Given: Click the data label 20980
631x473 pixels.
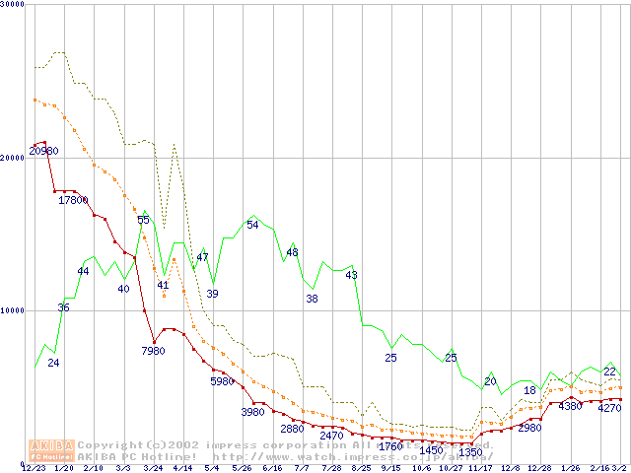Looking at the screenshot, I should pyautogui.click(x=43, y=151).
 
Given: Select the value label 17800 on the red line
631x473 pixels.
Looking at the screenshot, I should pyautogui.click(x=73, y=200).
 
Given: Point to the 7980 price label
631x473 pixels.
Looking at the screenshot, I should pyautogui.click(x=153, y=351).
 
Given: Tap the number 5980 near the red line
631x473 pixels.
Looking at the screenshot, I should pyautogui.click(x=222, y=381).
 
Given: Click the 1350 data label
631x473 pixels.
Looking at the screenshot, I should pyautogui.click(x=469, y=452).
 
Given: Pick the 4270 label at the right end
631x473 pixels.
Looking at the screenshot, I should pyautogui.click(x=610, y=407).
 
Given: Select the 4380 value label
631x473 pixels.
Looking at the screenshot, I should pyautogui.click(x=572, y=406).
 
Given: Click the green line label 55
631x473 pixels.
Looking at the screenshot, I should pyautogui.click(x=144, y=220).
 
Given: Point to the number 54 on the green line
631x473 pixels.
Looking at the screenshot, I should pyautogui.click(x=252, y=225).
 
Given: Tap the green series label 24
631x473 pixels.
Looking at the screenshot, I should pyautogui.click(x=53, y=363).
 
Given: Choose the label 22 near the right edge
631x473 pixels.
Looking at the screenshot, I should pyautogui.click(x=609, y=372).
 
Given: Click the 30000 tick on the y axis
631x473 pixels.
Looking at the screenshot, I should pyautogui.click(x=13, y=5).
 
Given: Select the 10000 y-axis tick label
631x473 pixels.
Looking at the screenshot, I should pyautogui.click(x=13, y=310).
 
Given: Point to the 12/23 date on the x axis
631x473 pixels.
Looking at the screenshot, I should pyautogui.click(x=34, y=468).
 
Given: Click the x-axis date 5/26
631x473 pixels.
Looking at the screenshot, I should pyautogui.click(x=243, y=468).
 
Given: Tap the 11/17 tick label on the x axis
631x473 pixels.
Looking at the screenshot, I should pyautogui.click(x=480, y=468).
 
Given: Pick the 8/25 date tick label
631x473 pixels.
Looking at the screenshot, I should pyautogui.click(x=362, y=468).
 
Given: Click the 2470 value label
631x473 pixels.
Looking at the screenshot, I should pyautogui.click(x=331, y=435).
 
